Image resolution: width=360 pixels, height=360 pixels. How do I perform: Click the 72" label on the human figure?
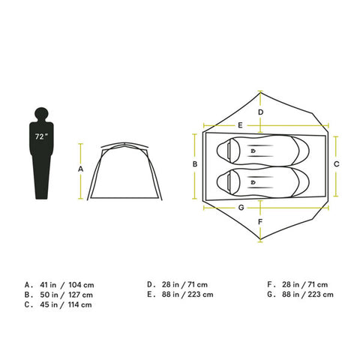coord(41,136)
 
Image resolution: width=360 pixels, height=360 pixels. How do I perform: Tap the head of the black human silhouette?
coord(41,114)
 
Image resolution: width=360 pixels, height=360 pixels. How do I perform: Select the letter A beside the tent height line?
coord(80,169)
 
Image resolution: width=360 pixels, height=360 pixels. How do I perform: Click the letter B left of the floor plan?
coord(195,164)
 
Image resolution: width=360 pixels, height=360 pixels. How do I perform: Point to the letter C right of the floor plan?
coord(337,164)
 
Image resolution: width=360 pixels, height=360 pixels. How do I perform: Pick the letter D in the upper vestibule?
coord(261,112)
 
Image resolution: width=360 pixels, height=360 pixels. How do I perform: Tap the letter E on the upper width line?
coord(240,125)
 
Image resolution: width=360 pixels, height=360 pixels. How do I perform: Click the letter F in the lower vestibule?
coord(260,222)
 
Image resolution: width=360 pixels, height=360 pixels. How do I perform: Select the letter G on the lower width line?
coord(241,208)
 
